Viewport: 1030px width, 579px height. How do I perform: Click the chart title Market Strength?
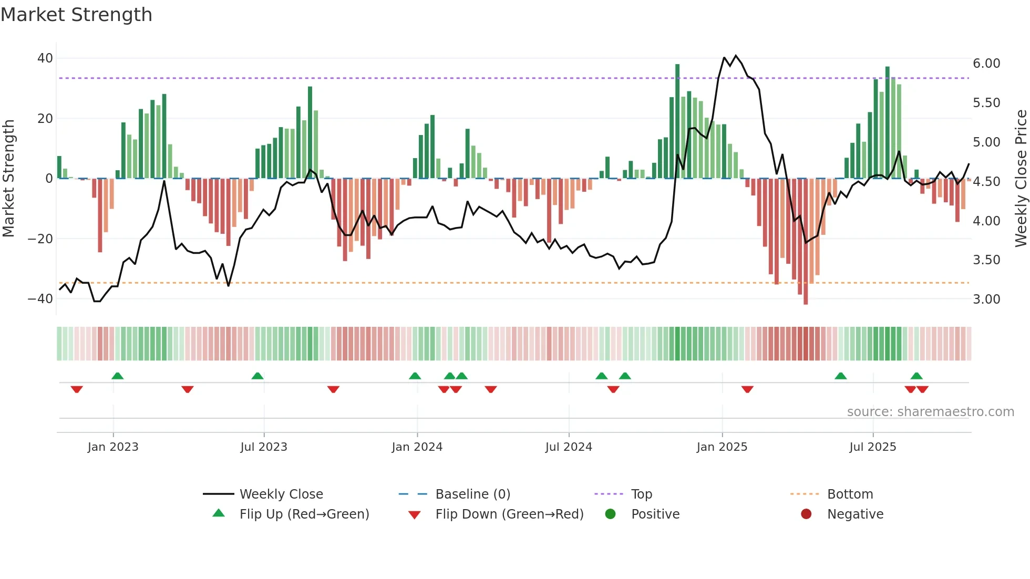coord(77,15)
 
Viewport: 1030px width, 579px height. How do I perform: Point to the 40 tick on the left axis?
coord(45,58)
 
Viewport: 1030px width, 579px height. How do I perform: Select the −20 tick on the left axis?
coord(40,239)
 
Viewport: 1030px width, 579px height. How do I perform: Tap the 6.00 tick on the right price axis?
coord(986,64)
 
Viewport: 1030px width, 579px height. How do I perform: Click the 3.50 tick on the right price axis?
coord(986,260)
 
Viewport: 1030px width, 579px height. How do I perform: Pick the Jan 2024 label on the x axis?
coord(417,447)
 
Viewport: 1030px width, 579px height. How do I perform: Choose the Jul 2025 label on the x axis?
coord(873,447)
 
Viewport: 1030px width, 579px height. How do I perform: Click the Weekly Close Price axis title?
coord(1021,179)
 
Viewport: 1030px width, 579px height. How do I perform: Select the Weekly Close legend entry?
coord(281,494)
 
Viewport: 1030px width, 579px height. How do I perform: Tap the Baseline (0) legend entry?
coord(472,494)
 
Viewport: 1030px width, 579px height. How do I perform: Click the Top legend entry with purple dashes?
coord(641,494)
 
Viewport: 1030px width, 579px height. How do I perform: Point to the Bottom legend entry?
coord(850,494)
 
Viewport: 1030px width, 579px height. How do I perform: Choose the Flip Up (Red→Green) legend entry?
coord(304,514)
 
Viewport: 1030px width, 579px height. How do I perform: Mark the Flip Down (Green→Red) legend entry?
coord(509,514)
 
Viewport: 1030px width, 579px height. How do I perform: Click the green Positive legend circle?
coord(610,514)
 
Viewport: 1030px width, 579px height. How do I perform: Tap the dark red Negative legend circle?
coord(806,514)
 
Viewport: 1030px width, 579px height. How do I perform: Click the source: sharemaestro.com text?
coord(930,412)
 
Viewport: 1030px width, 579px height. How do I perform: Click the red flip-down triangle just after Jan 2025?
coord(747,389)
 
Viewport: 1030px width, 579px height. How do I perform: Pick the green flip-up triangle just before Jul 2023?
coord(257,376)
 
